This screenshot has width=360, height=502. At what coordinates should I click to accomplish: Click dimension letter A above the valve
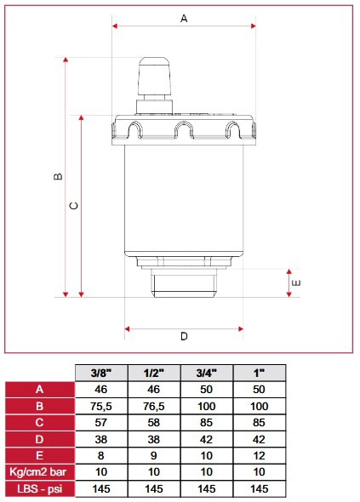pos(184,19)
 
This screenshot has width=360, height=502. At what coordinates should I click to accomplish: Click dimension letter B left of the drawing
pos(58,176)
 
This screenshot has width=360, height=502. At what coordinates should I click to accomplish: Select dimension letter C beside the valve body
pos(74,206)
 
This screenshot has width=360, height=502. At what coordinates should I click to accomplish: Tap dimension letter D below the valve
pos(184,336)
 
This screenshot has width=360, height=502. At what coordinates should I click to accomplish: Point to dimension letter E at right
pos(296,283)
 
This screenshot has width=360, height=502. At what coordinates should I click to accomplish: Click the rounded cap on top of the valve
pos(154,76)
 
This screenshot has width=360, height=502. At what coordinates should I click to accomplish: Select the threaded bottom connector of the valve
pos(184,282)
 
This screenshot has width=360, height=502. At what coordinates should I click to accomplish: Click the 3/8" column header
pos(101,373)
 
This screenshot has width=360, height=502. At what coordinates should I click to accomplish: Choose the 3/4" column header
pos(207,373)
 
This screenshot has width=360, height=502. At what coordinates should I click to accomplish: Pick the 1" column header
pos(259,373)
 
